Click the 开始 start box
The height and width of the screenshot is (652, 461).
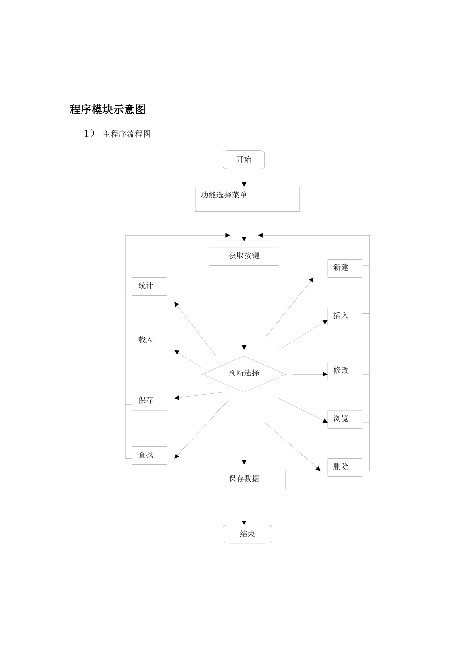[244, 160]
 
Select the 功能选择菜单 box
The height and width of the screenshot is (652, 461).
[247, 199]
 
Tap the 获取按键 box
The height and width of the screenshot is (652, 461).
[244, 256]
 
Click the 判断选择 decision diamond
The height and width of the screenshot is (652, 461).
[244, 374]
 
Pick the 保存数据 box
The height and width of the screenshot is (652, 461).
[244, 479]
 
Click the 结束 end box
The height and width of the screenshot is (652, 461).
[247, 534]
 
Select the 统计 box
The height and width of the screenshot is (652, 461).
[149, 286]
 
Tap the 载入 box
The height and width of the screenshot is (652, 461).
[149, 341]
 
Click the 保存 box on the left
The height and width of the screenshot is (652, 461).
[149, 401]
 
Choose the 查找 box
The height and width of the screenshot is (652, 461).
[149, 455]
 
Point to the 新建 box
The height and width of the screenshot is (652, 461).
[345, 268]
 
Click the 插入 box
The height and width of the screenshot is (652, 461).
[345, 316]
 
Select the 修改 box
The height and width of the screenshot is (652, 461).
[345, 371]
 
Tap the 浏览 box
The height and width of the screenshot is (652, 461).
[345, 419]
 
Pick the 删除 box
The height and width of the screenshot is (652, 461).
[345, 467]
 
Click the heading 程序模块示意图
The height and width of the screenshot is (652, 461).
[107, 110]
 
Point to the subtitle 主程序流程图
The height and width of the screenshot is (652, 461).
[127, 134]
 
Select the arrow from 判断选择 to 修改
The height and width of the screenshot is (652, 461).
[310, 374]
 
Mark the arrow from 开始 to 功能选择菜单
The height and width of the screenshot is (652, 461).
[244, 178]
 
